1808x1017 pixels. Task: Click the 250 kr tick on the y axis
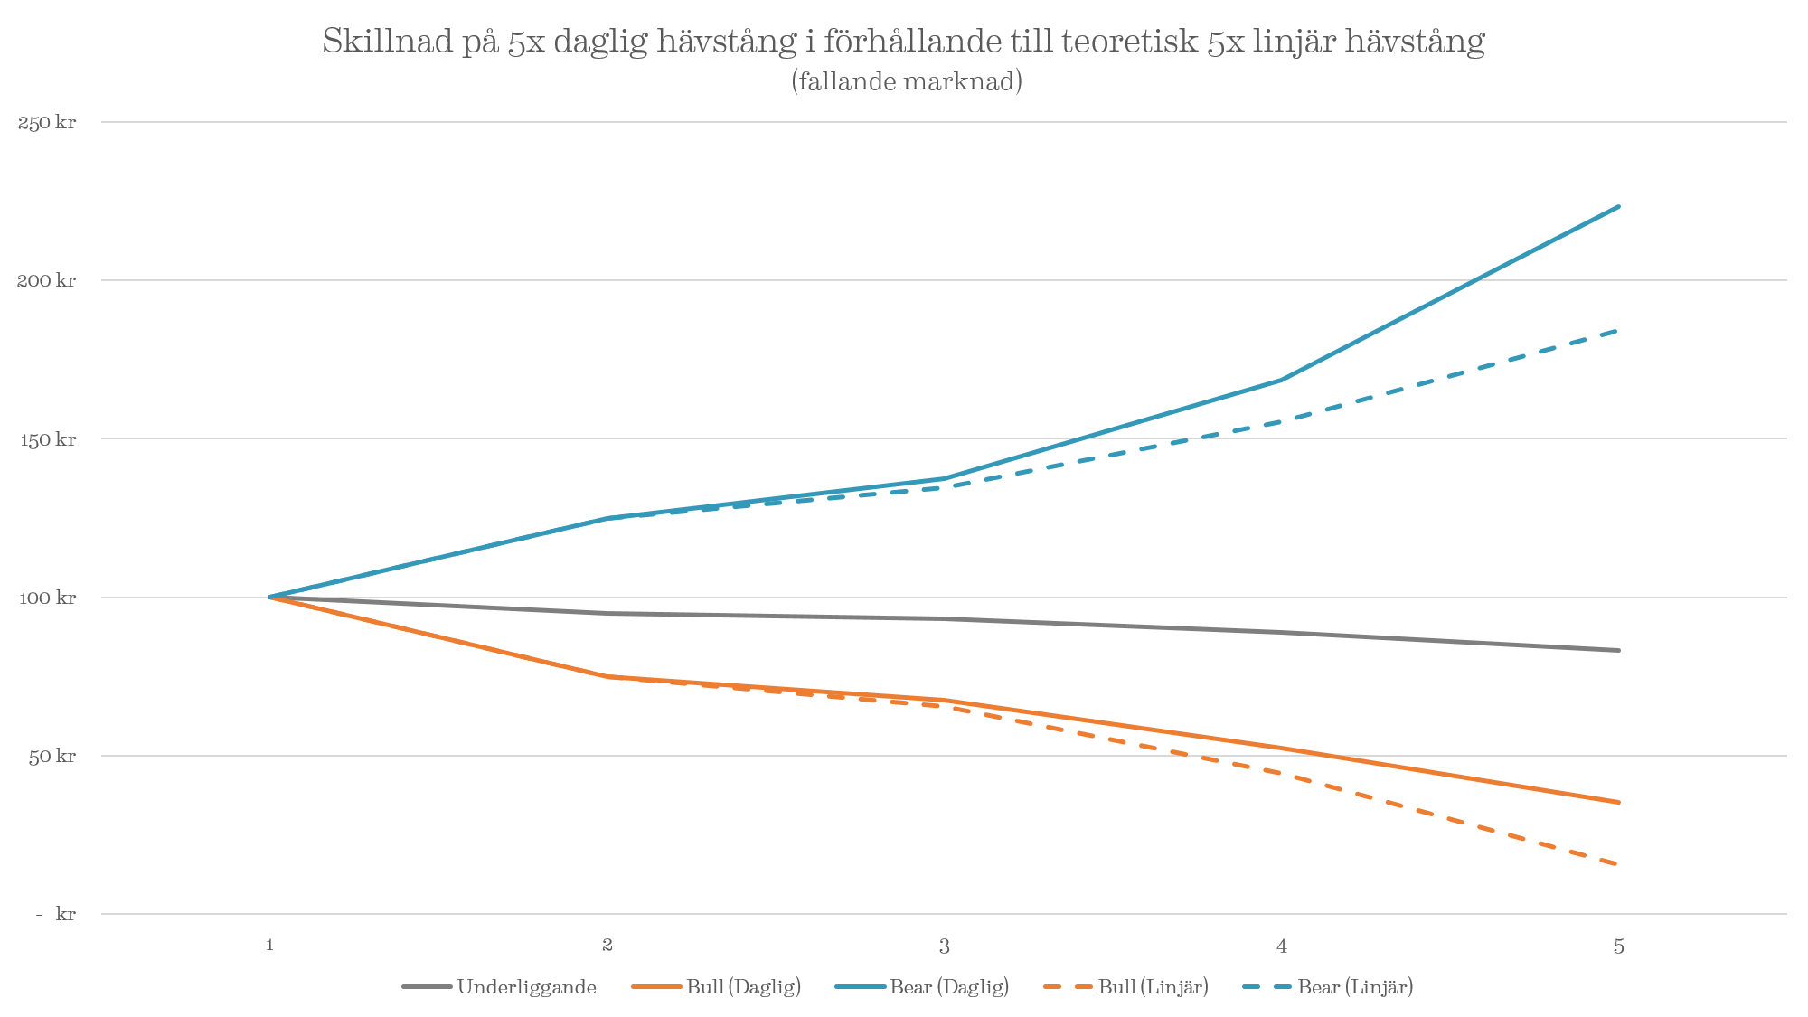(x=47, y=123)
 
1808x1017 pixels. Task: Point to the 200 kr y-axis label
(x=47, y=281)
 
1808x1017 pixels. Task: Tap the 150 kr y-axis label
(x=47, y=440)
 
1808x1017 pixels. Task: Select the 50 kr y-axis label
(x=52, y=757)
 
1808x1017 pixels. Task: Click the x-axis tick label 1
(x=269, y=946)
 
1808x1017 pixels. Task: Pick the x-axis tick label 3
(x=944, y=946)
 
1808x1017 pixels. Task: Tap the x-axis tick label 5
(x=1618, y=946)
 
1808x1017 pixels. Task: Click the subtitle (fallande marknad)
(x=906, y=81)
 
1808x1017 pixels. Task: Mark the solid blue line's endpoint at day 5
(x=1618, y=207)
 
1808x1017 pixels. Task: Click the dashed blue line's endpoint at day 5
(x=1618, y=331)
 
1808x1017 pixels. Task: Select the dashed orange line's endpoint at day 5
(x=1618, y=864)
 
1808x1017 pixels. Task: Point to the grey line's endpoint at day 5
(x=1618, y=650)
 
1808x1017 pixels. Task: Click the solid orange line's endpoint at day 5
(x=1618, y=802)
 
